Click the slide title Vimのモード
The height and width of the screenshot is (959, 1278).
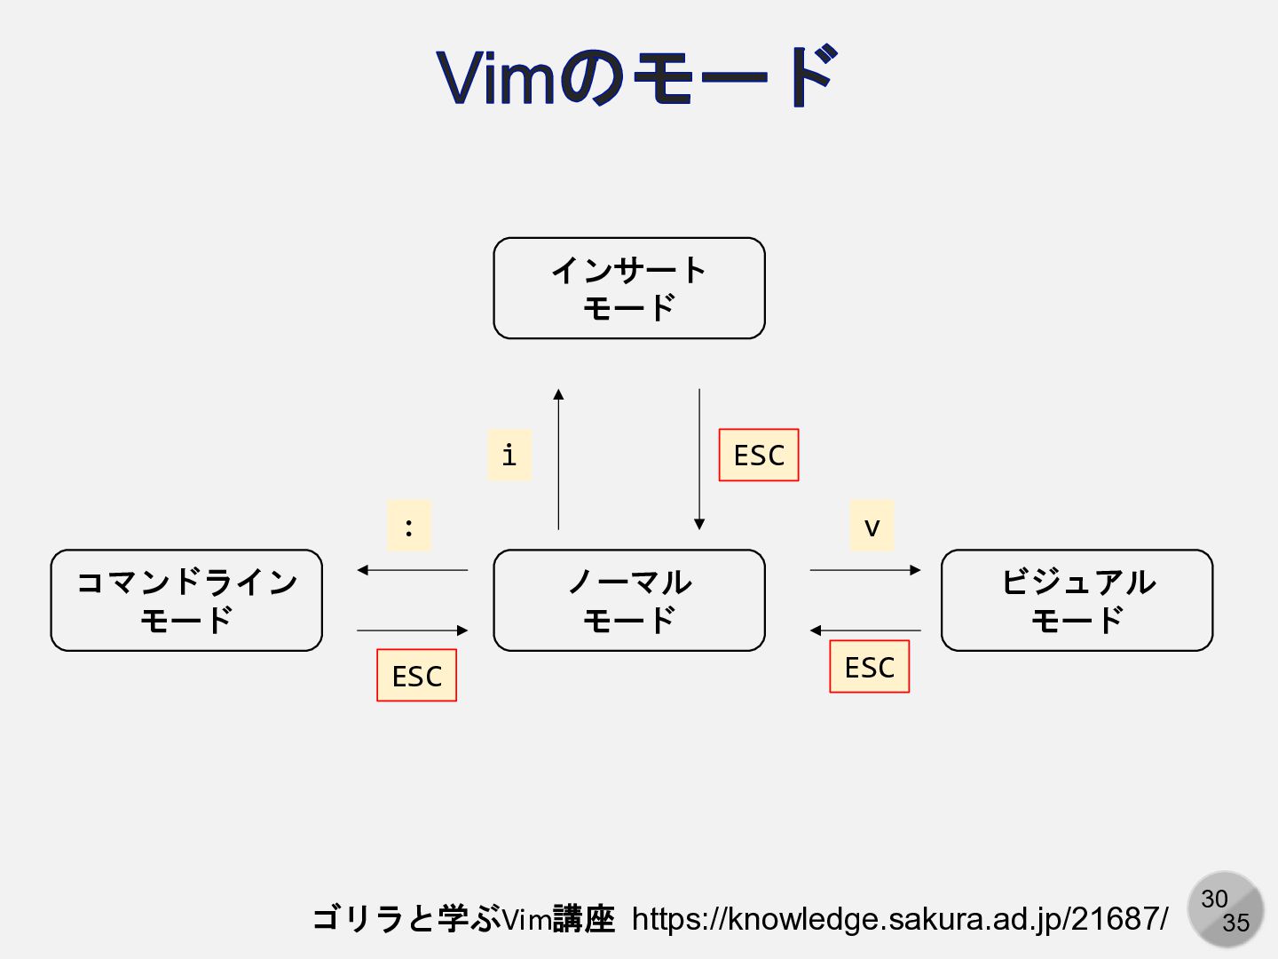coord(637,77)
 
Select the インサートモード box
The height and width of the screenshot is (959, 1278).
coord(628,289)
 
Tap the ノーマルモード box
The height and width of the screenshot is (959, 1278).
coord(628,600)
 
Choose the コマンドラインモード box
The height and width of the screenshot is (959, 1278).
coord(186,600)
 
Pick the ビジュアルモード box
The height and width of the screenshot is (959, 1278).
coord(1077,600)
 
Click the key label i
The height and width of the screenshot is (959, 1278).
coord(509,455)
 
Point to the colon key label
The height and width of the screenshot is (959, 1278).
coord(408,526)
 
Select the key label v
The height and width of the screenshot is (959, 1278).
coord(872,526)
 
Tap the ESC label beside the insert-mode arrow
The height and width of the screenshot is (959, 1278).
coord(759,455)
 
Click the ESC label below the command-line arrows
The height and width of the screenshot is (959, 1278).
coord(416,676)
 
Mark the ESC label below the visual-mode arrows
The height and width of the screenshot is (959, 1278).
coord(869,667)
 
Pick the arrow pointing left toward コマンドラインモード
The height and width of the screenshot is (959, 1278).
coord(412,570)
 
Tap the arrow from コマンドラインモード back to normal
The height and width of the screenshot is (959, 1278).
coord(412,630)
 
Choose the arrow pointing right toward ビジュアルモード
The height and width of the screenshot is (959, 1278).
coord(865,570)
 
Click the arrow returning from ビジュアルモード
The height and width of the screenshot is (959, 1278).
coord(865,630)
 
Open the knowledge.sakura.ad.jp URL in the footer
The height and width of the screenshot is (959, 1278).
coord(900,919)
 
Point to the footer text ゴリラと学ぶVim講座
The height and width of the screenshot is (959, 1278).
coord(463,919)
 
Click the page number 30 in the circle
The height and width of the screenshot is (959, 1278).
coord(1214,900)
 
